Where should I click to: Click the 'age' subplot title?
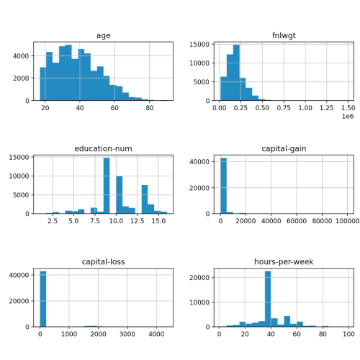tap(103, 36)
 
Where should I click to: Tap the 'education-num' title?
tap(103, 149)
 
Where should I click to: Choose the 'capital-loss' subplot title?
tap(103, 262)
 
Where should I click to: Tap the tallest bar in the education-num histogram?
tap(107, 186)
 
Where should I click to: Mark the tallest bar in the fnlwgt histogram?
tap(236, 73)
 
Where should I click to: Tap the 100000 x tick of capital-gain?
tap(348, 221)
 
